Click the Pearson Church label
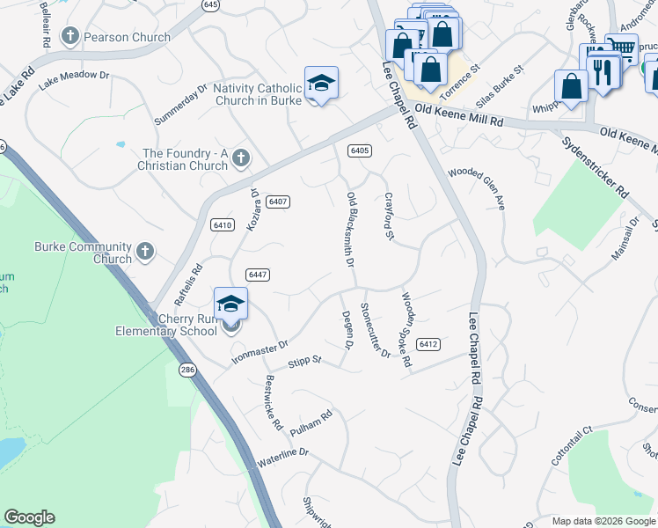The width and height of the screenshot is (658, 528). (128, 37)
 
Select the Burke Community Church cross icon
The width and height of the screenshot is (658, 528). (145, 253)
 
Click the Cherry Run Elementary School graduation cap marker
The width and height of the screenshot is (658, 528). (230, 305)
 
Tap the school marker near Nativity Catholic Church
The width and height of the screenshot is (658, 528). (321, 84)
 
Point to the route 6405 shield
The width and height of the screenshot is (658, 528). (359, 150)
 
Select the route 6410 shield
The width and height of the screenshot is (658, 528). (222, 225)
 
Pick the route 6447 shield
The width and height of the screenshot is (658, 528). (257, 275)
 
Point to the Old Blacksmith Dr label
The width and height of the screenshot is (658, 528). (350, 230)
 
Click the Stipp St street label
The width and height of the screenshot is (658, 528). (305, 361)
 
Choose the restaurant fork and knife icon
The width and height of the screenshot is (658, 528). (603, 71)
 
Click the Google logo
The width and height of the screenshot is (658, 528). (29, 517)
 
